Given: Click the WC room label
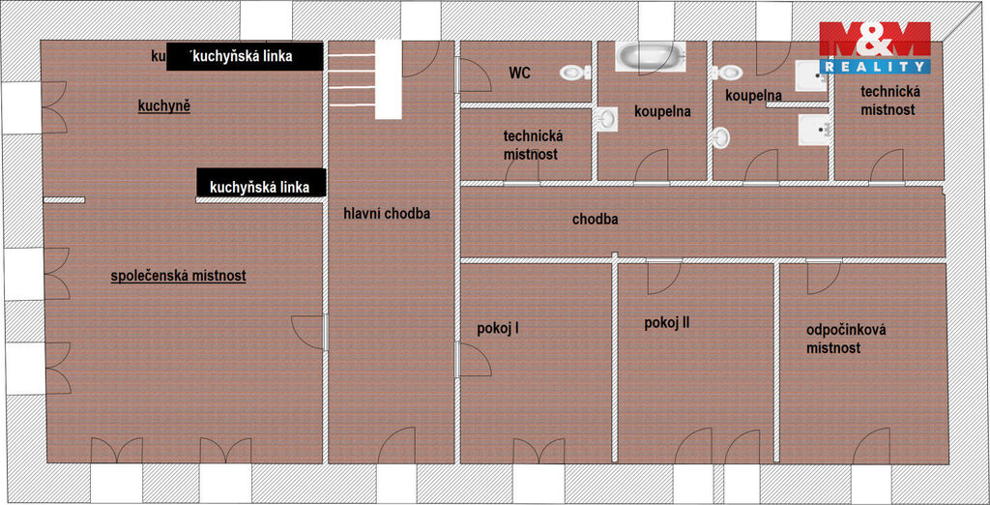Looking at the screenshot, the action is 519,74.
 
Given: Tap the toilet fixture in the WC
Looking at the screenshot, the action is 573,73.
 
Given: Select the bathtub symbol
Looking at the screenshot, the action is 650,55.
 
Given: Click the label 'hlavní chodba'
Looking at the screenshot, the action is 387,214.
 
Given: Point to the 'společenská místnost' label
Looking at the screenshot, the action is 178,276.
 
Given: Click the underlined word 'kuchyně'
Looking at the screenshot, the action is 164,106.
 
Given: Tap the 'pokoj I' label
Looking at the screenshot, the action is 498,329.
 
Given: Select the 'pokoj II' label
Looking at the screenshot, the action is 667,323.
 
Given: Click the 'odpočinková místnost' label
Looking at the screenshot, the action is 846,339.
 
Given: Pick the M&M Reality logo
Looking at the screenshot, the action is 874,47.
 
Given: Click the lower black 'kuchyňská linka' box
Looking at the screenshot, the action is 261,183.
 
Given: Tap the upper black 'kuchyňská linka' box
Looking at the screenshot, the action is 245,56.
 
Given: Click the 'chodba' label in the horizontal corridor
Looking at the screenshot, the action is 595,220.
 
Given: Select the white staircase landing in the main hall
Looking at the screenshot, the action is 389,79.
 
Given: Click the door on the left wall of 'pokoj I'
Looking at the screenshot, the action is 474,360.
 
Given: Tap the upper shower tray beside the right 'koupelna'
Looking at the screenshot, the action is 811,75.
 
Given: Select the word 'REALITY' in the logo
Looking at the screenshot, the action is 875,66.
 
